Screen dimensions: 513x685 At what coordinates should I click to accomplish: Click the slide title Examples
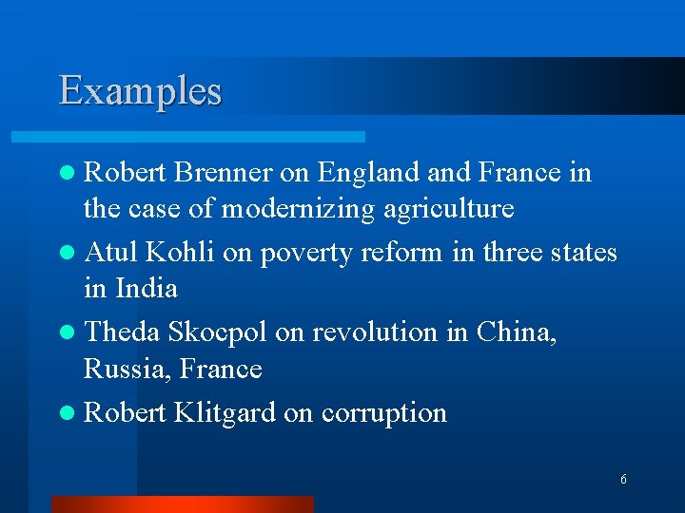click(140, 91)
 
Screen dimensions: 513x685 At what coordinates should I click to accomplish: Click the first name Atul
click(109, 253)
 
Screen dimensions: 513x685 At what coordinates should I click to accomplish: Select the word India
click(147, 287)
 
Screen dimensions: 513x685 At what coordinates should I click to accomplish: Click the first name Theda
click(122, 332)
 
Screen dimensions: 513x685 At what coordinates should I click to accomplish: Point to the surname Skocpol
click(216, 333)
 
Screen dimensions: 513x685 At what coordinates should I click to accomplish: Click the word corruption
click(384, 414)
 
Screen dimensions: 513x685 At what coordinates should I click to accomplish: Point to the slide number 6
click(623, 480)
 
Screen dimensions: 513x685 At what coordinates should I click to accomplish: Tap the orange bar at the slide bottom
click(182, 504)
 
